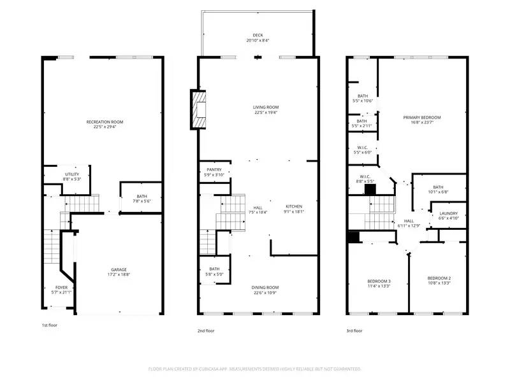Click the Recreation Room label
(x=105, y=122)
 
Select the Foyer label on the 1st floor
(x=61, y=288)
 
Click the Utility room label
(x=71, y=174)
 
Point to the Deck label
(x=257, y=36)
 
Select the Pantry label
(x=214, y=169)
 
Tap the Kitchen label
(x=293, y=206)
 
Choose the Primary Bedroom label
(x=421, y=117)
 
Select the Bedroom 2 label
(x=439, y=278)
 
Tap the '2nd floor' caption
(x=205, y=330)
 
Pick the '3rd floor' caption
(x=354, y=330)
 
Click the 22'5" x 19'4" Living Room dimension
(x=265, y=113)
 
